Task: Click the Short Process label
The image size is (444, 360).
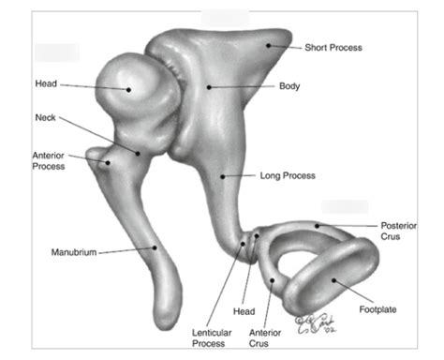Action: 333,47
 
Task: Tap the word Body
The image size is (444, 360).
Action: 289,86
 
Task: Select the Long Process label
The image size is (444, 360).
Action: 287,175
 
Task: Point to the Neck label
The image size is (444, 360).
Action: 45,117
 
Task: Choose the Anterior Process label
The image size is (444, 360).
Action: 48,160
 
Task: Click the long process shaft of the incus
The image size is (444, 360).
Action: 217,187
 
